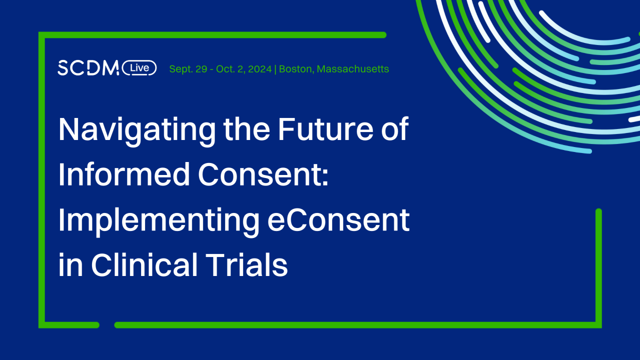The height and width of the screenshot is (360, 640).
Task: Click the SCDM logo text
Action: point(88,68)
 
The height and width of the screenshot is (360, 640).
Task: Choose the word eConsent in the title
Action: point(339,221)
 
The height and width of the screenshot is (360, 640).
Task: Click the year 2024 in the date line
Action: point(260,69)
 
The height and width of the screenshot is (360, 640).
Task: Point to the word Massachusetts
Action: point(353,69)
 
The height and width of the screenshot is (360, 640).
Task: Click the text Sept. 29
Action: point(188,69)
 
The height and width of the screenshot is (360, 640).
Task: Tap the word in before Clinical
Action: point(70,265)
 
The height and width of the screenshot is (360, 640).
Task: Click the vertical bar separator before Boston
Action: point(276,69)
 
